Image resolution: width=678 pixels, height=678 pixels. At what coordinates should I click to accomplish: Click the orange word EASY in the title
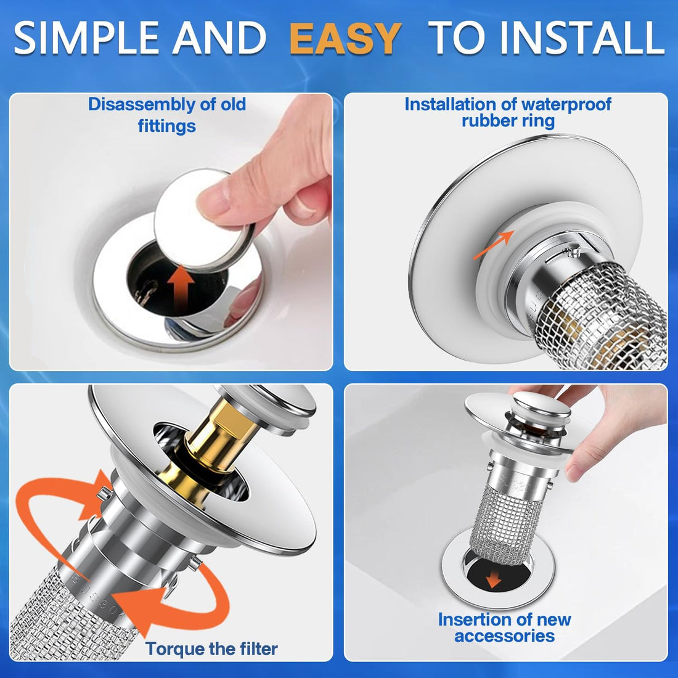click(x=345, y=38)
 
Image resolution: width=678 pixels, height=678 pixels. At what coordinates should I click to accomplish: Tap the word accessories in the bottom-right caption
click(x=505, y=636)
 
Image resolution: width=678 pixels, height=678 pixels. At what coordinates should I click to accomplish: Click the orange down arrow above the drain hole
click(x=492, y=580)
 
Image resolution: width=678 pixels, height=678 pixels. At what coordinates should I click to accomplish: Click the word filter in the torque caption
click(x=253, y=648)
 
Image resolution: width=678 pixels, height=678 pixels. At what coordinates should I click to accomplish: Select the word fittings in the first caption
click(x=166, y=126)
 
